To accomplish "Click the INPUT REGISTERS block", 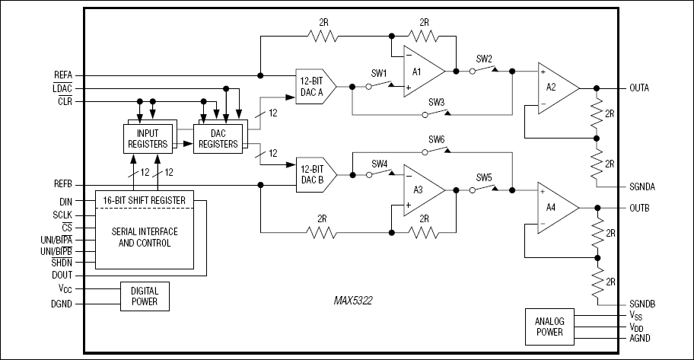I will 148,138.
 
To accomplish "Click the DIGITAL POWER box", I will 145,295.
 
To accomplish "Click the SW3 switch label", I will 436,102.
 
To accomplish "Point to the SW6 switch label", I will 436,139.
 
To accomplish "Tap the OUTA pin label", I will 641,88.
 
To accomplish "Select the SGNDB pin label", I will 642,304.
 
